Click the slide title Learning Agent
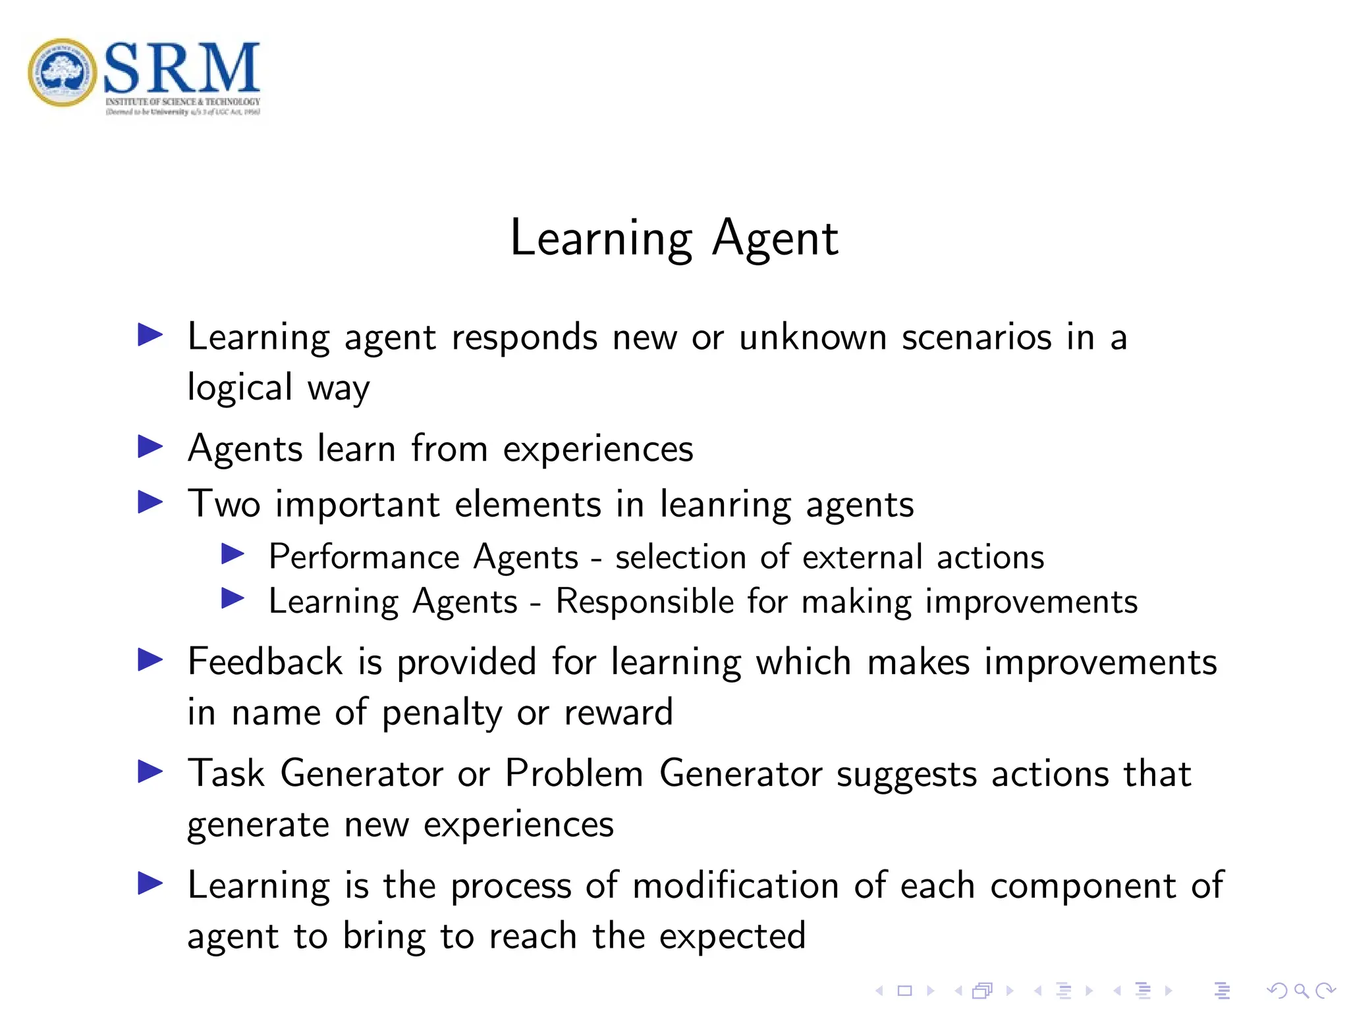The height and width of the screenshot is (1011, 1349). click(x=674, y=238)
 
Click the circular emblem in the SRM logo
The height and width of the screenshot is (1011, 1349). click(x=63, y=72)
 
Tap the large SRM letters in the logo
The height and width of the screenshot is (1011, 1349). click(x=181, y=67)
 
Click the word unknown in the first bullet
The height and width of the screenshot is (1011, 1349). click(x=812, y=338)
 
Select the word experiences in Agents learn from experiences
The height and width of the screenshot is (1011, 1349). click(x=598, y=450)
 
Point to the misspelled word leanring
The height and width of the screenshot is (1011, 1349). click(x=725, y=505)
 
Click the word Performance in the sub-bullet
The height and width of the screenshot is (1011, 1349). click(x=364, y=557)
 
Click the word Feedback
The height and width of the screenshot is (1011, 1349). click(x=265, y=662)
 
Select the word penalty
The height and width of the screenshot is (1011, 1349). click(x=442, y=713)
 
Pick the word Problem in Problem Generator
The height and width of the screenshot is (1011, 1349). click(x=574, y=773)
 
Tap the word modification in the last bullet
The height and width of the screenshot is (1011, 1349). click(x=735, y=886)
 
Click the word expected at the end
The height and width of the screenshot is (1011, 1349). click(x=732, y=937)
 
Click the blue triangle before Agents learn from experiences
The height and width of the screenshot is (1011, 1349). click(x=150, y=448)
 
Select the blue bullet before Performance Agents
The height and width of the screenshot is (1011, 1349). click(x=233, y=554)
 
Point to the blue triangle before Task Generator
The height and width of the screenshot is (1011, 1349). click(x=150, y=771)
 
